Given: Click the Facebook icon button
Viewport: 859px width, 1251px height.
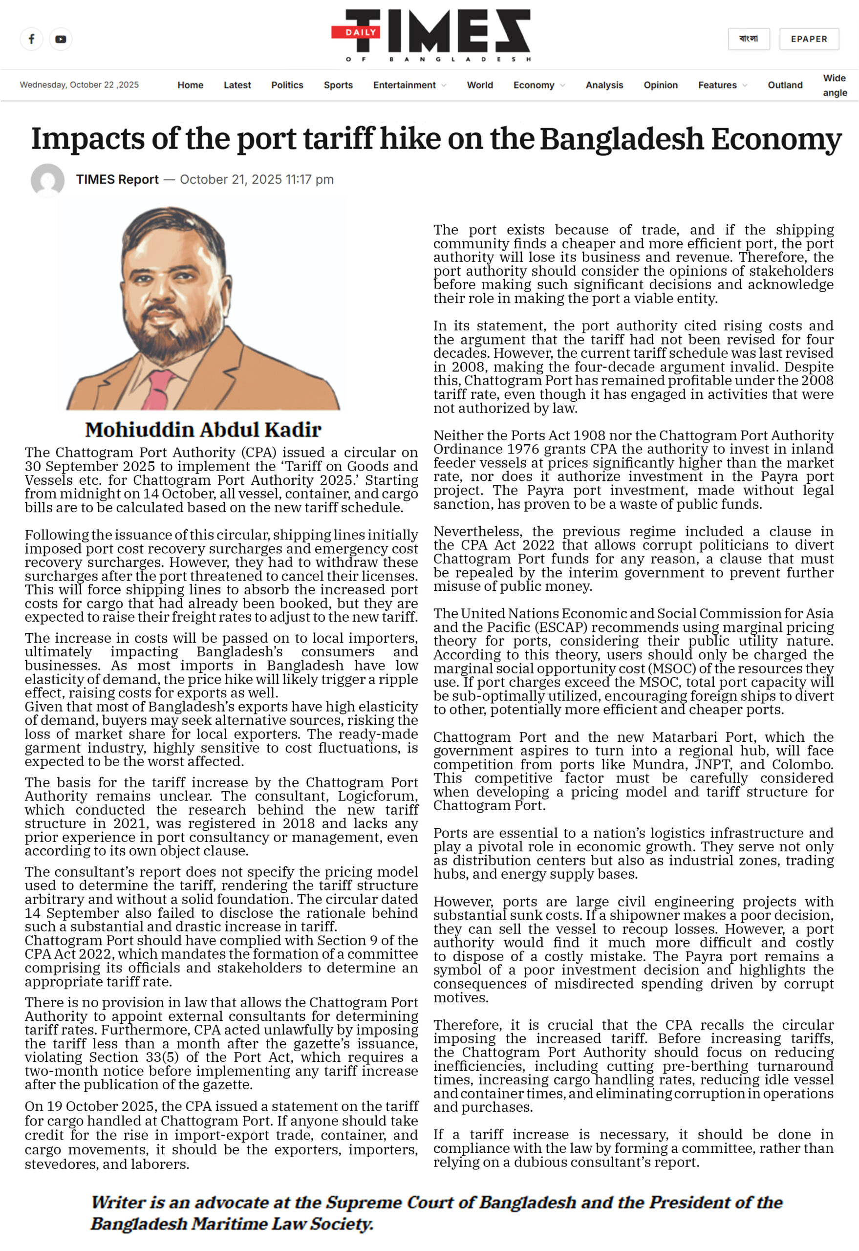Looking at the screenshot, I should pyautogui.click(x=31, y=39).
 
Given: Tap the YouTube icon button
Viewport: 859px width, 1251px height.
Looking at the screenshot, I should pyautogui.click(x=61, y=39).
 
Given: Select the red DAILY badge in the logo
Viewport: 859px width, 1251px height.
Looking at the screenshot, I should pyautogui.click(x=360, y=32).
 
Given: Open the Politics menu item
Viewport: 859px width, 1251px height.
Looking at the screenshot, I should pyautogui.click(x=287, y=85).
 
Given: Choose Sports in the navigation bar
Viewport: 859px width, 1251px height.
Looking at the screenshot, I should pyautogui.click(x=338, y=85).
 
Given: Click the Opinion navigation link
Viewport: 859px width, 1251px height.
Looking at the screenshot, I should pyautogui.click(x=661, y=85).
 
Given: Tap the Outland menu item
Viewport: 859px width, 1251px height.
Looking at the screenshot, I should pyautogui.click(x=785, y=85).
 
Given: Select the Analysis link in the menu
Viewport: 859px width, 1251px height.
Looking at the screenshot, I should pyautogui.click(x=604, y=85).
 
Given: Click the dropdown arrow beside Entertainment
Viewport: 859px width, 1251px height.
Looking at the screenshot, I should pyautogui.click(x=444, y=85).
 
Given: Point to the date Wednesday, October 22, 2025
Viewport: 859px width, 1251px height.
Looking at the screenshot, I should pyautogui.click(x=79, y=85).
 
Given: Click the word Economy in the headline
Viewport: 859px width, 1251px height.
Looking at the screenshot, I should pyautogui.click(x=776, y=139).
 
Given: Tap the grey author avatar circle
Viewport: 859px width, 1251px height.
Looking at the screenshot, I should pyautogui.click(x=48, y=180).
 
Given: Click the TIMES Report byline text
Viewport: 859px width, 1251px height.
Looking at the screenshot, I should pyautogui.click(x=117, y=179).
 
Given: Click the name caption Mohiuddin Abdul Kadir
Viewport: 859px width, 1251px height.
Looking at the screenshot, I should pyautogui.click(x=203, y=430).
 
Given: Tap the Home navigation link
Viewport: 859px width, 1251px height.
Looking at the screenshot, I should pyautogui.click(x=190, y=85).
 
